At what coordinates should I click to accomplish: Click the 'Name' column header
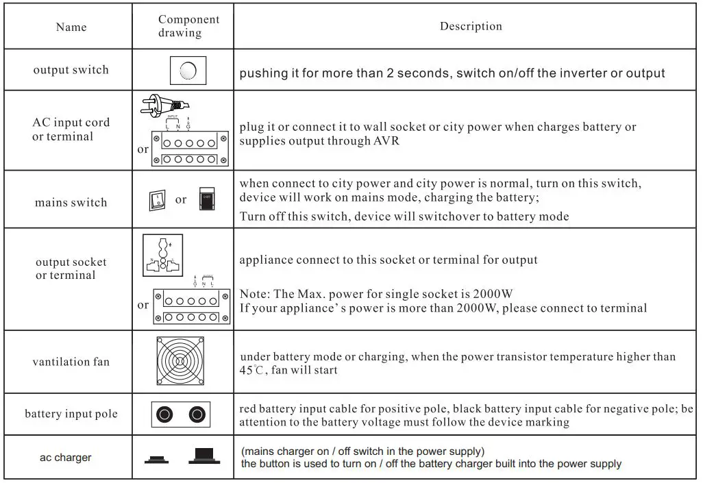point(71,27)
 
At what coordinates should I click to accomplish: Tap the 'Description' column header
point(471,26)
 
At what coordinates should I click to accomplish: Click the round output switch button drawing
point(188,70)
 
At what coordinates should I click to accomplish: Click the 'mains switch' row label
point(71,202)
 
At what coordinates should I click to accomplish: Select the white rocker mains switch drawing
point(157,200)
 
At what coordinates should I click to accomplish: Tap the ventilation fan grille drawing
point(180,361)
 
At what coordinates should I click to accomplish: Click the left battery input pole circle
point(165,414)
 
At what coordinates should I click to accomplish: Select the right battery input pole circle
point(197,414)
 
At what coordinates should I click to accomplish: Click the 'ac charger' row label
point(65,457)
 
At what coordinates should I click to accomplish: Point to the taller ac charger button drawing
point(202,456)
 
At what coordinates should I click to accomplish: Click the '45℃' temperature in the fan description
point(251,370)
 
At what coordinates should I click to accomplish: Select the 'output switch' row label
point(71,70)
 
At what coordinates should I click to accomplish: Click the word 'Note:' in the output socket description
point(254,294)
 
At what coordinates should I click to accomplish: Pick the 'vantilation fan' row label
point(71,361)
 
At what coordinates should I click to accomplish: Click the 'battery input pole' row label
point(71,414)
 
